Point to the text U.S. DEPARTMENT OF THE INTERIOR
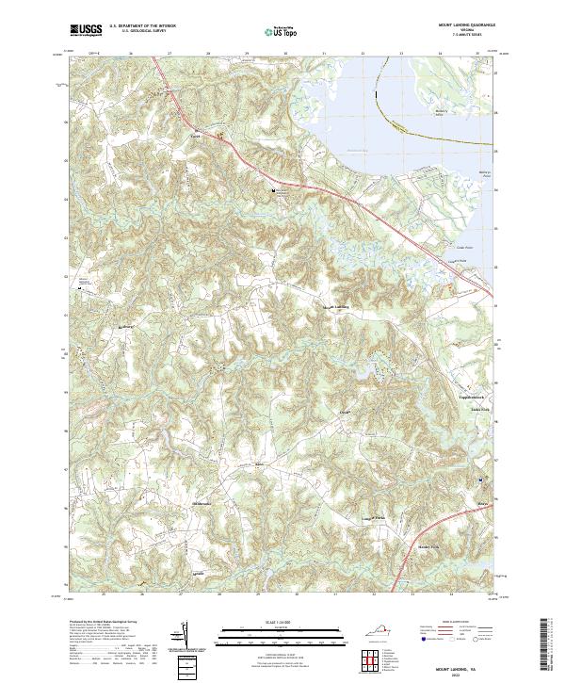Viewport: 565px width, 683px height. (x=141, y=26)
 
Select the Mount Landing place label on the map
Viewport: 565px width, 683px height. (x=338, y=307)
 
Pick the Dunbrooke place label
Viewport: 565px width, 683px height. (x=204, y=504)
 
